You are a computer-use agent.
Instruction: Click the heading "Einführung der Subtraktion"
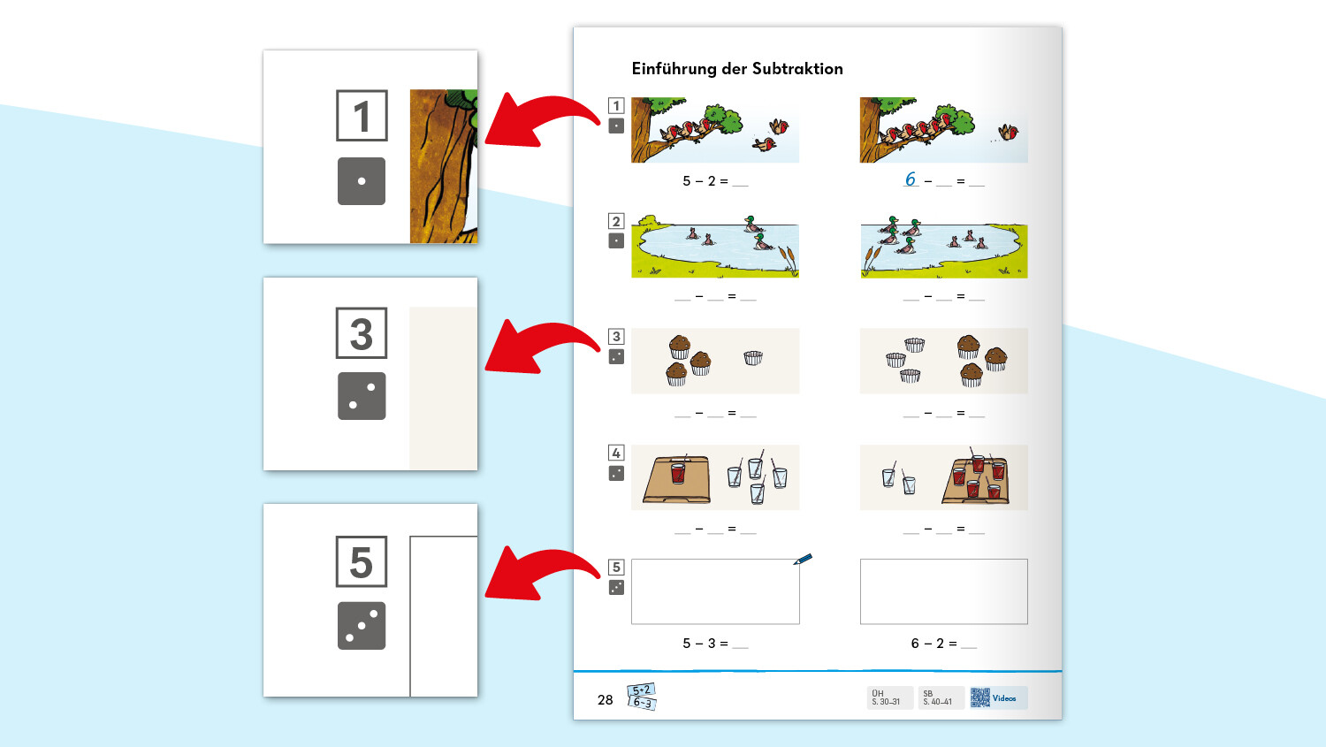click(737, 69)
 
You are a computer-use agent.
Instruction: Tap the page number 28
click(605, 699)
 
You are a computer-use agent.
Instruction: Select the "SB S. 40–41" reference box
click(939, 697)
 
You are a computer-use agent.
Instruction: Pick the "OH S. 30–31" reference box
click(888, 697)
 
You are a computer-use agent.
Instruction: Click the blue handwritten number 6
click(911, 179)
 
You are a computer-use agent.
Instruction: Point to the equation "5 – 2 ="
click(705, 181)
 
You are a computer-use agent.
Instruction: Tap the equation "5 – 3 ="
click(705, 644)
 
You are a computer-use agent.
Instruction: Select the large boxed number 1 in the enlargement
click(362, 116)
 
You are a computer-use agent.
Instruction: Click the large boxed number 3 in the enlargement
click(362, 333)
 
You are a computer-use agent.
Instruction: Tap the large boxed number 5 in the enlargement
click(362, 561)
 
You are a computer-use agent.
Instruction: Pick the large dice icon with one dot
click(362, 181)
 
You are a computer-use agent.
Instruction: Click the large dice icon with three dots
click(362, 626)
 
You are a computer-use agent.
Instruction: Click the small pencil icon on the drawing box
click(803, 559)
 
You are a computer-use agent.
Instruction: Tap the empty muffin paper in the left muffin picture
click(753, 358)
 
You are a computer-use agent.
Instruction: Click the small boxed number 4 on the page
click(616, 453)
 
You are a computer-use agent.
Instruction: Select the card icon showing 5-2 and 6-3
click(642, 697)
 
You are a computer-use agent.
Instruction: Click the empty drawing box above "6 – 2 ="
click(943, 591)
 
